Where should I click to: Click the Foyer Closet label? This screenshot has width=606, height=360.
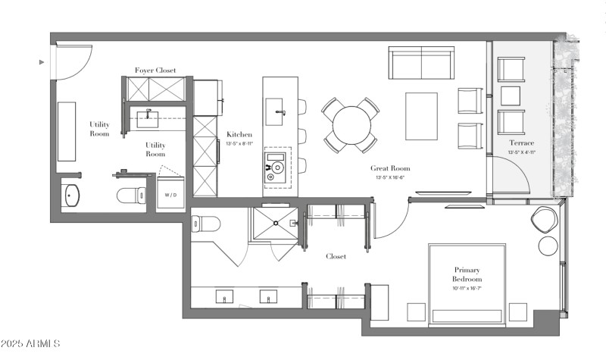coord(155,70)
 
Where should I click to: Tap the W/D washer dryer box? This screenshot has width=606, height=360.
coord(171,194)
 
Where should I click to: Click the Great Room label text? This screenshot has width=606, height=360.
coord(390,168)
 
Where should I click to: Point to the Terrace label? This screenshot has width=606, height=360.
coord(521,142)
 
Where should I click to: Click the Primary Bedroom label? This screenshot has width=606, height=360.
coord(467,274)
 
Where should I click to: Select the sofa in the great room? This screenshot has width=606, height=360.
coord(421,63)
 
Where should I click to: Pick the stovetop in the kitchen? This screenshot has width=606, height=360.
coord(276,167)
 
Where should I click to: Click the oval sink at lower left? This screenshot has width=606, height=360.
coord(72,196)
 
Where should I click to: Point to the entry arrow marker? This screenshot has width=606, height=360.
coord(42,62)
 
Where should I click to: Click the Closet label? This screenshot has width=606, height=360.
coord(336,256)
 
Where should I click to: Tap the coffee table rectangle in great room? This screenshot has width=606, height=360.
coord(421,116)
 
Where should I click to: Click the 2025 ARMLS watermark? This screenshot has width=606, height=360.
coord(31,345)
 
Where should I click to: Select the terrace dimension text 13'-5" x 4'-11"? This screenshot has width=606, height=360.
coord(521,152)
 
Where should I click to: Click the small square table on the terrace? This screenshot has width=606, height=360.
coord(511,95)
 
